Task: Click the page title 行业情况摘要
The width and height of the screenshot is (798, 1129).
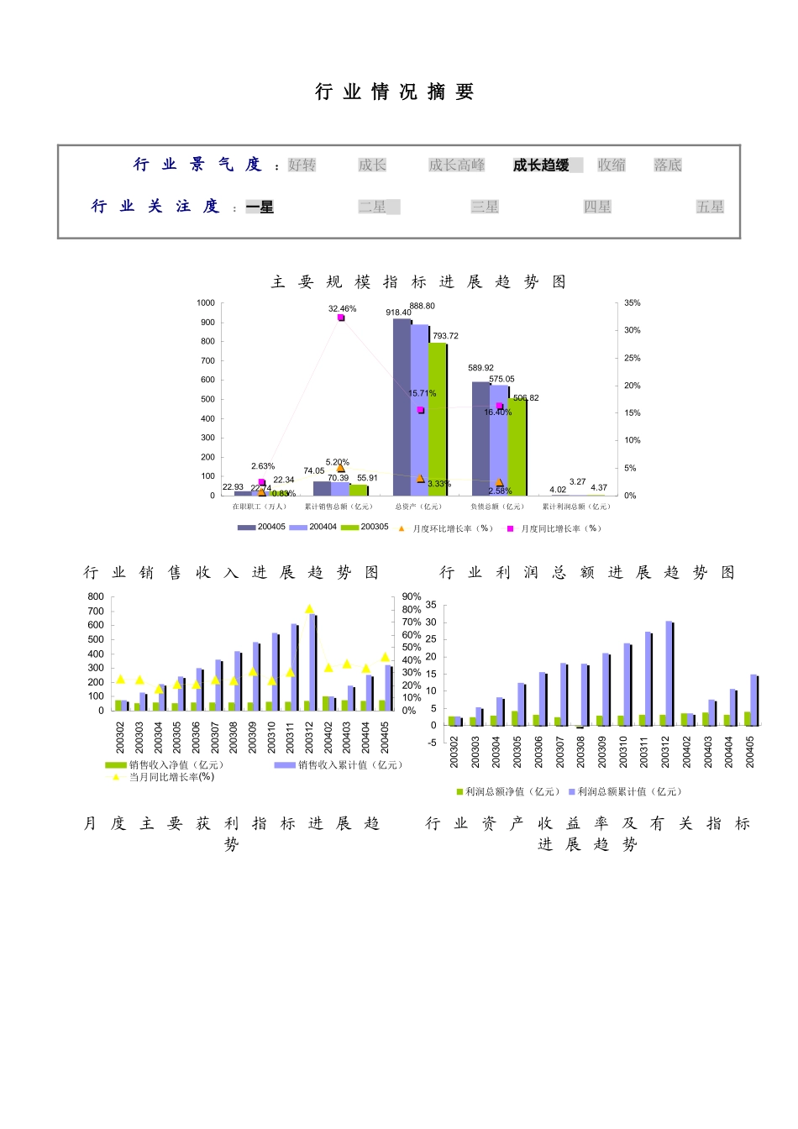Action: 395,92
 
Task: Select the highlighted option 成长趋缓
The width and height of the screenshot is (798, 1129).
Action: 541,165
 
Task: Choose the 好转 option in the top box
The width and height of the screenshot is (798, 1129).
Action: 302,165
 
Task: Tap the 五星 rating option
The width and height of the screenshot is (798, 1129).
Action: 710,207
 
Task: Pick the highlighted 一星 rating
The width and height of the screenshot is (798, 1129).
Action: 260,207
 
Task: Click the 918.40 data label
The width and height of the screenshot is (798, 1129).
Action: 398,312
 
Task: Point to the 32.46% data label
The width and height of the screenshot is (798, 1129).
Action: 342,309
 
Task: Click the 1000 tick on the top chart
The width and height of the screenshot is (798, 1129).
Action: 206,302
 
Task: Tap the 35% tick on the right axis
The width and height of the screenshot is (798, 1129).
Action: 632,302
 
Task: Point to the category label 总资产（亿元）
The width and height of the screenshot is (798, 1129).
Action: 418,507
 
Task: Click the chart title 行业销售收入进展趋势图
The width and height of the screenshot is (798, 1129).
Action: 231,573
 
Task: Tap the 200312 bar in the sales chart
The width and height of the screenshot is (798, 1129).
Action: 312,662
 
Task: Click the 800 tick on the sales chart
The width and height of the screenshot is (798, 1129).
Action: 96,596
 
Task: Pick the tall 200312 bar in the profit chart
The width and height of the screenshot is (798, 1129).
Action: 669,672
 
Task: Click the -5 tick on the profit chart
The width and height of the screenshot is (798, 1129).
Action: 432,743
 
